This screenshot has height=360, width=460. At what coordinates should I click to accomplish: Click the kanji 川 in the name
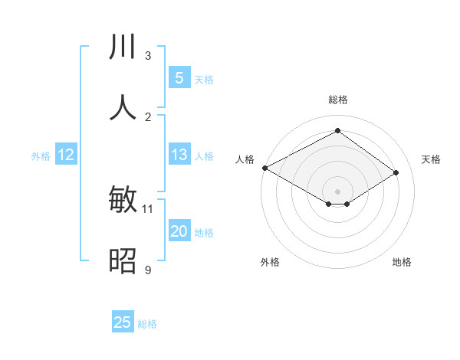(x=123, y=48)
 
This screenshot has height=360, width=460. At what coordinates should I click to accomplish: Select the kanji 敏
(x=123, y=201)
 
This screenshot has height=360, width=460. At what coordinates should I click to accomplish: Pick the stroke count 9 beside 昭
(x=148, y=270)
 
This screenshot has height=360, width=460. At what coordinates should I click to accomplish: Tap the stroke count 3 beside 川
(x=148, y=56)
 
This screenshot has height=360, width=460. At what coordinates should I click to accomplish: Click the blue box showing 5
(x=179, y=77)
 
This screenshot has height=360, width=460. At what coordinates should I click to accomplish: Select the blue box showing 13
(x=179, y=155)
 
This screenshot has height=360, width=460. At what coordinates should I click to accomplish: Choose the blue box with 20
(x=179, y=232)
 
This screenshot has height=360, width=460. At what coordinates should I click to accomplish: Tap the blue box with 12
(x=65, y=155)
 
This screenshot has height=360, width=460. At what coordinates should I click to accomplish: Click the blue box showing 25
(x=123, y=322)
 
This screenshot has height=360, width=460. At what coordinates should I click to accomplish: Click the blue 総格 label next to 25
(x=147, y=324)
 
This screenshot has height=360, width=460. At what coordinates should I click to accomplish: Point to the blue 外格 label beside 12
(x=41, y=156)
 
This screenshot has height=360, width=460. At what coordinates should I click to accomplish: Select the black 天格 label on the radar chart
(x=431, y=159)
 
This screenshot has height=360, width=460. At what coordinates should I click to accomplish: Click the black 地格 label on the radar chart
(x=402, y=262)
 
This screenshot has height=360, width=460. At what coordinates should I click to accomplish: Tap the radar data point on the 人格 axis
(x=264, y=167)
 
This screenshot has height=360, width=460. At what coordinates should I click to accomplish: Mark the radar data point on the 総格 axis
(x=337, y=131)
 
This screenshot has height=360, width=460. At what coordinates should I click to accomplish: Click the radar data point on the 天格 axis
(x=396, y=172)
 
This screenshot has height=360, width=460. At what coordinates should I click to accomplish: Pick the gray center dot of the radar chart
(x=337, y=191)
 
